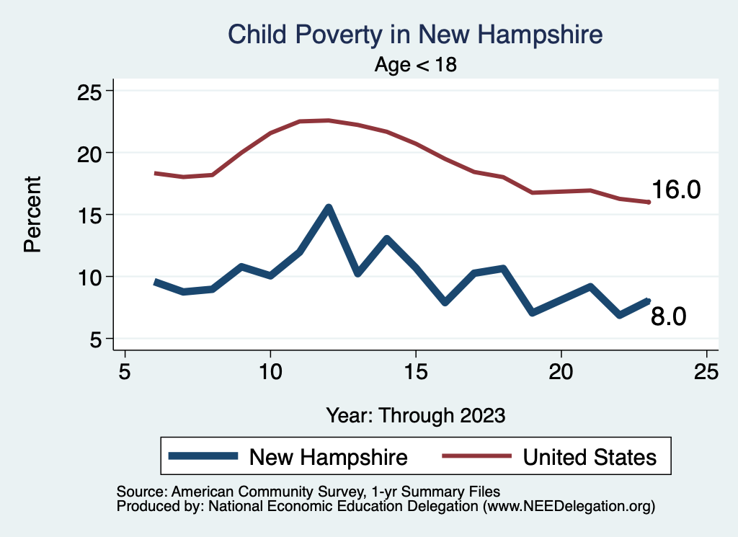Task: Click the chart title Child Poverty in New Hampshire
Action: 414,34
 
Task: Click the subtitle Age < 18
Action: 416,65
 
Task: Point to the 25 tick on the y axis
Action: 92,92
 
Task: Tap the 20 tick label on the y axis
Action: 92,153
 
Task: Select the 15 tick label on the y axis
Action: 92,215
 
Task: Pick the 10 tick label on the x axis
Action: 270,372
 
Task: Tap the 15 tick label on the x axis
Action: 416,372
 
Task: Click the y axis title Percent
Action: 32,215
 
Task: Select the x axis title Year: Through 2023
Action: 416,415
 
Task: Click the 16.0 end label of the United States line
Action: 676,190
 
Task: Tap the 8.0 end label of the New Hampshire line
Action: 669,316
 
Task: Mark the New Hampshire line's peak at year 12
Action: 329,208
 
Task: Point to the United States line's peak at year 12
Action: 329,120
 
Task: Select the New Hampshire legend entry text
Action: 328,457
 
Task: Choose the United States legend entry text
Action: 590,457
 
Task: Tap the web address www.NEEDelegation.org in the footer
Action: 569,507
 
